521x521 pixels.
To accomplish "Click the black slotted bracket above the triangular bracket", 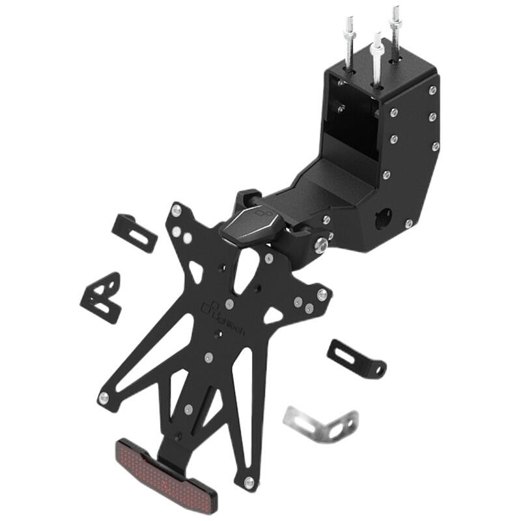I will pyautogui.click(x=135, y=232).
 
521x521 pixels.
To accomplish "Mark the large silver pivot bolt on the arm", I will pyautogui.click(x=320, y=246).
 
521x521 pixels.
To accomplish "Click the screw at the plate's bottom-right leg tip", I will pyautogui.click(x=247, y=482).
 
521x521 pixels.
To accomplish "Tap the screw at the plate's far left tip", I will pyautogui.click(x=102, y=397).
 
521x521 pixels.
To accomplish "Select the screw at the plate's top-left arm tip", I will pyautogui.click(x=176, y=210).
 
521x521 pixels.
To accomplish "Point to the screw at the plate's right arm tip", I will pyautogui.click(x=320, y=294).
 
